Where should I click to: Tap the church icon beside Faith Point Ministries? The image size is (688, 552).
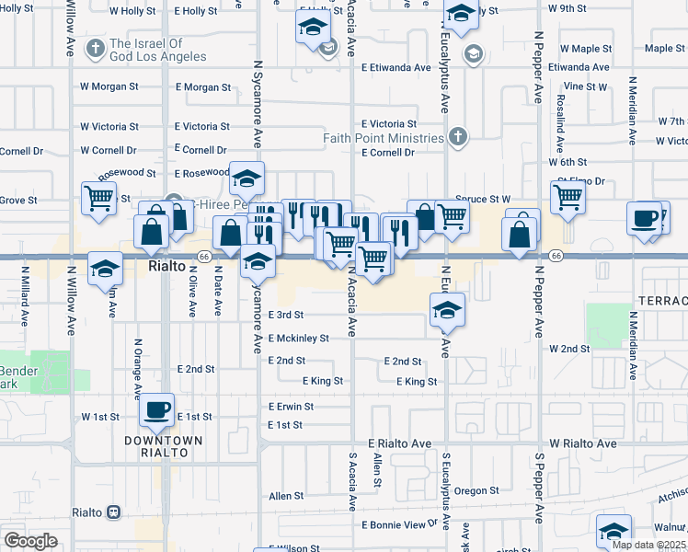point(458,138)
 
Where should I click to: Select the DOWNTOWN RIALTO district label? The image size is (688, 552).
point(164,441)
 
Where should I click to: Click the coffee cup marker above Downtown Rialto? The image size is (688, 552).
point(157,408)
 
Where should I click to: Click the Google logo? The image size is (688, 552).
point(30,541)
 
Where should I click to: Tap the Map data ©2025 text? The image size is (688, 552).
point(648,545)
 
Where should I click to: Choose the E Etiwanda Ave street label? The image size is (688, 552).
point(396,67)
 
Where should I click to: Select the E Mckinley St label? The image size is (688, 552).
point(298,338)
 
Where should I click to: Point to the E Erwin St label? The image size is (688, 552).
point(291,406)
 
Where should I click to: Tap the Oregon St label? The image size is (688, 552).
point(475,491)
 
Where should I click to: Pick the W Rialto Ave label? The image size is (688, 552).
point(583,443)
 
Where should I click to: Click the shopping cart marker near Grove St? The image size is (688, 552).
point(99,198)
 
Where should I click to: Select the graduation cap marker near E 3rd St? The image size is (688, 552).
point(447,311)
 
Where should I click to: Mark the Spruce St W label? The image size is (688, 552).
point(483,199)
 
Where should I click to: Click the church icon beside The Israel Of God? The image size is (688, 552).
point(96,46)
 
